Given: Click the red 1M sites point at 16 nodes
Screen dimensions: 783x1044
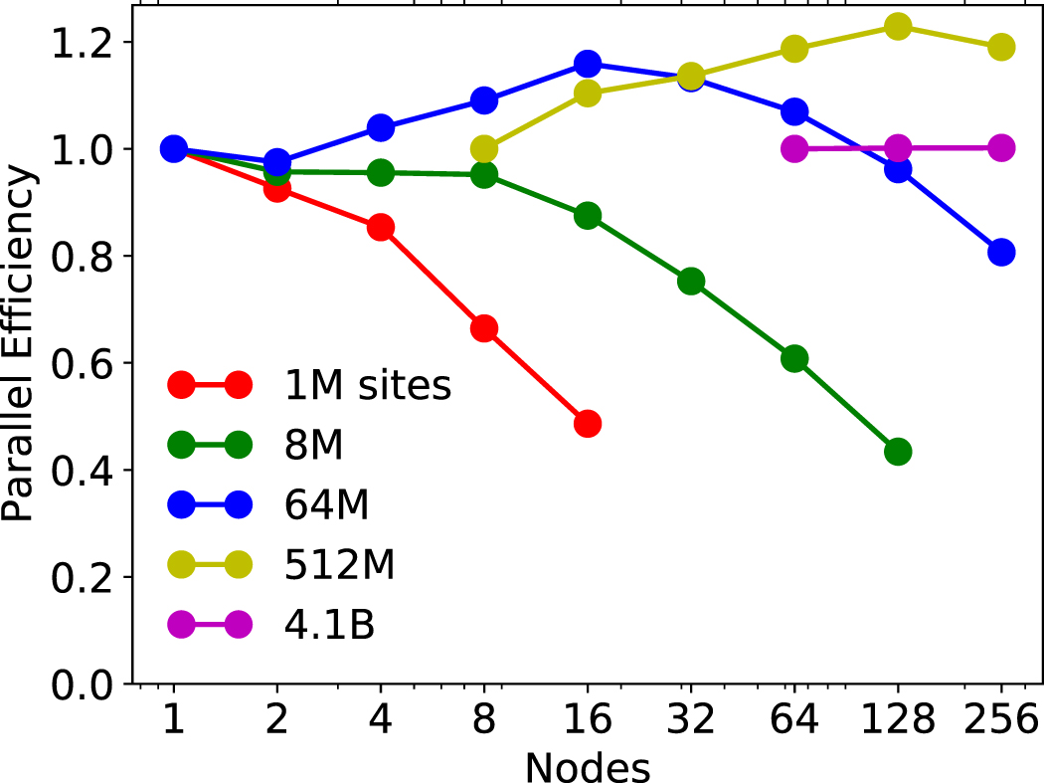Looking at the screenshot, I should pos(588,424).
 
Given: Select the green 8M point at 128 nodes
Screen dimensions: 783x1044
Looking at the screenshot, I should pos(898,452).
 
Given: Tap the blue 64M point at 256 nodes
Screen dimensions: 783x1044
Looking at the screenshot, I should pos(1001,252).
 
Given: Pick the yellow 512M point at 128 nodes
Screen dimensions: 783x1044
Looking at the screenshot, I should pos(898,27).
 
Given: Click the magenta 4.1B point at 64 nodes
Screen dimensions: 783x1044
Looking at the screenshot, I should pos(794,149).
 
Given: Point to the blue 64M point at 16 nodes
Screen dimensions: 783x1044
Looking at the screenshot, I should pos(588,64).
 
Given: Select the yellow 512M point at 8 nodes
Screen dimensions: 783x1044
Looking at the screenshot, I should pos(484,149).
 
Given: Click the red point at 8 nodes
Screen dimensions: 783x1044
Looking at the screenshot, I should pos(484,328).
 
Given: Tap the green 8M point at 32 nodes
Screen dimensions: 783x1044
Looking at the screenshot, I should pos(691,282).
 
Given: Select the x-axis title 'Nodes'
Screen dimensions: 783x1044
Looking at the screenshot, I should pos(588,766).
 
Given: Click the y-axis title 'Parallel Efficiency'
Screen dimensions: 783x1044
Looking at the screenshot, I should pos(20,344).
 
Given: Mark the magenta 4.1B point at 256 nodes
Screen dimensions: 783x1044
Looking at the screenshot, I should pos(1001,148).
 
